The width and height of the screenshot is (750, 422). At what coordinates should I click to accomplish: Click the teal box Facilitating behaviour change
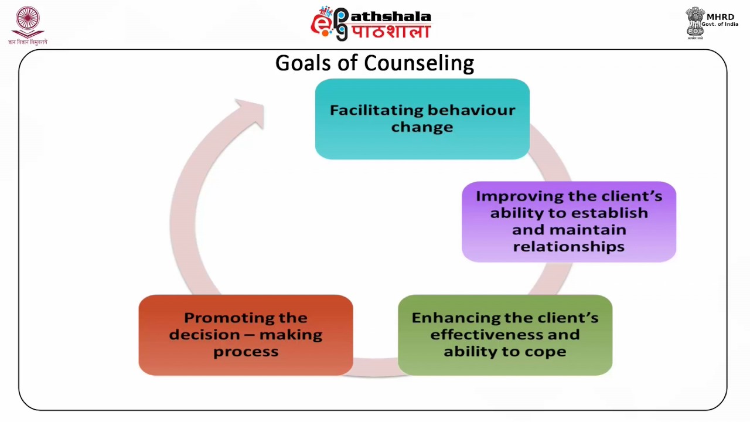tap(422, 119)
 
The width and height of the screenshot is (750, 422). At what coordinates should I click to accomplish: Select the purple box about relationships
tap(568, 222)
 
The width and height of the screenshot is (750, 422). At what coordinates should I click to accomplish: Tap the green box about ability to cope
tap(504, 335)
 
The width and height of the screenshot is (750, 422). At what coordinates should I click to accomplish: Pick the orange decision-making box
tap(246, 335)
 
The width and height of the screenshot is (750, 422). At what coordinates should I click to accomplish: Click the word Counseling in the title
tap(419, 63)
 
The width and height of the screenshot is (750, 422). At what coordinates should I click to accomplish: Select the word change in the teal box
tap(422, 127)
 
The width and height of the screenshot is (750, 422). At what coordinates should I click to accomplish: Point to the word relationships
tap(568, 247)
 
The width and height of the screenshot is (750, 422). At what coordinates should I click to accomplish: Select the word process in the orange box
tap(246, 352)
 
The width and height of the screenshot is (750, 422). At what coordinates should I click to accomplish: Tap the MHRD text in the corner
tap(720, 17)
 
